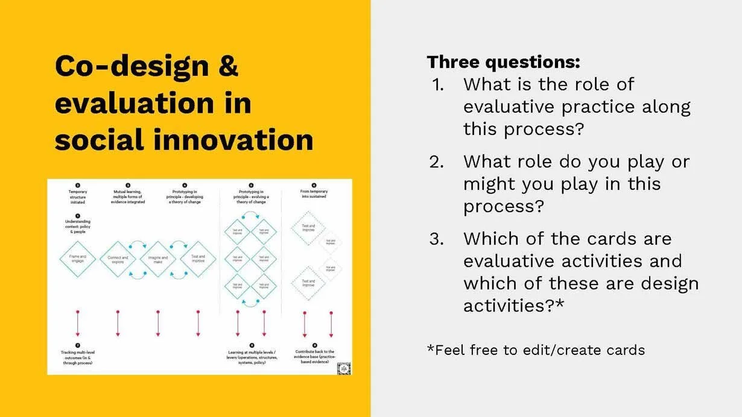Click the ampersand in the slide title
tap(228, 67)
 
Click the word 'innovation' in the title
tap(233, 140)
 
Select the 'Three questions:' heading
tap(503, 61)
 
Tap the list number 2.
tap(436, 161)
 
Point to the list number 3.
tap(436, 239)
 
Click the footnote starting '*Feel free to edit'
tap(536, 350)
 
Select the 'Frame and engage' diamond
tap(78, 258)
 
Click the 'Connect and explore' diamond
tap(118, 259)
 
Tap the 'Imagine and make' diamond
tap(158, 259)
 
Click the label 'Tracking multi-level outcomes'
tap(77, 357)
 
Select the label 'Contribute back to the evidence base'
tap(314, 357)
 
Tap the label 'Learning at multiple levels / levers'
tap(253, 357)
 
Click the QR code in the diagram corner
tap(343, 368)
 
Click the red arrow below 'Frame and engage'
tap(77, 323)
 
